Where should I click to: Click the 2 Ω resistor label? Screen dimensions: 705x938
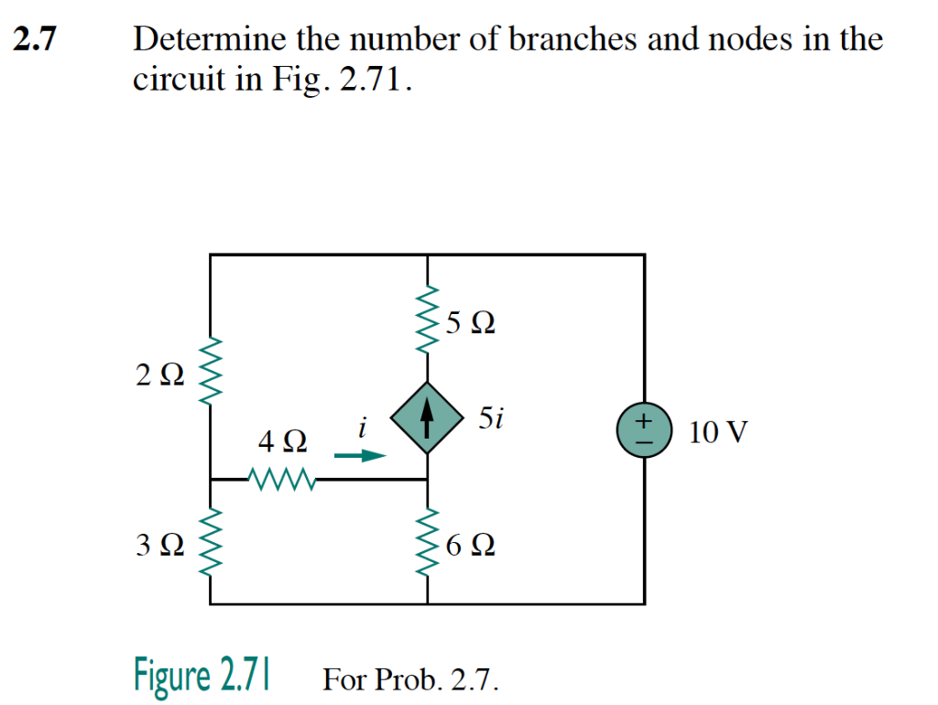click(159, 374)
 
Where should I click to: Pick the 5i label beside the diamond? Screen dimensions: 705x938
click(490, 419)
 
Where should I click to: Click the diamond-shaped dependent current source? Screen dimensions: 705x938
click(427, 418)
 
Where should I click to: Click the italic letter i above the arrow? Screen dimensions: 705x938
click(363, 427)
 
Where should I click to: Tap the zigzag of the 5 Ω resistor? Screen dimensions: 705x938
click(428, 320)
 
